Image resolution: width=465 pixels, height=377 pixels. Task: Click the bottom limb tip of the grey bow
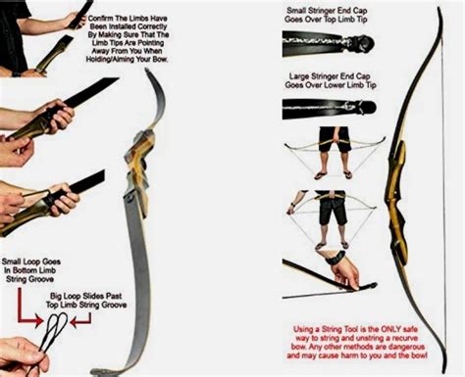point(94,372)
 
